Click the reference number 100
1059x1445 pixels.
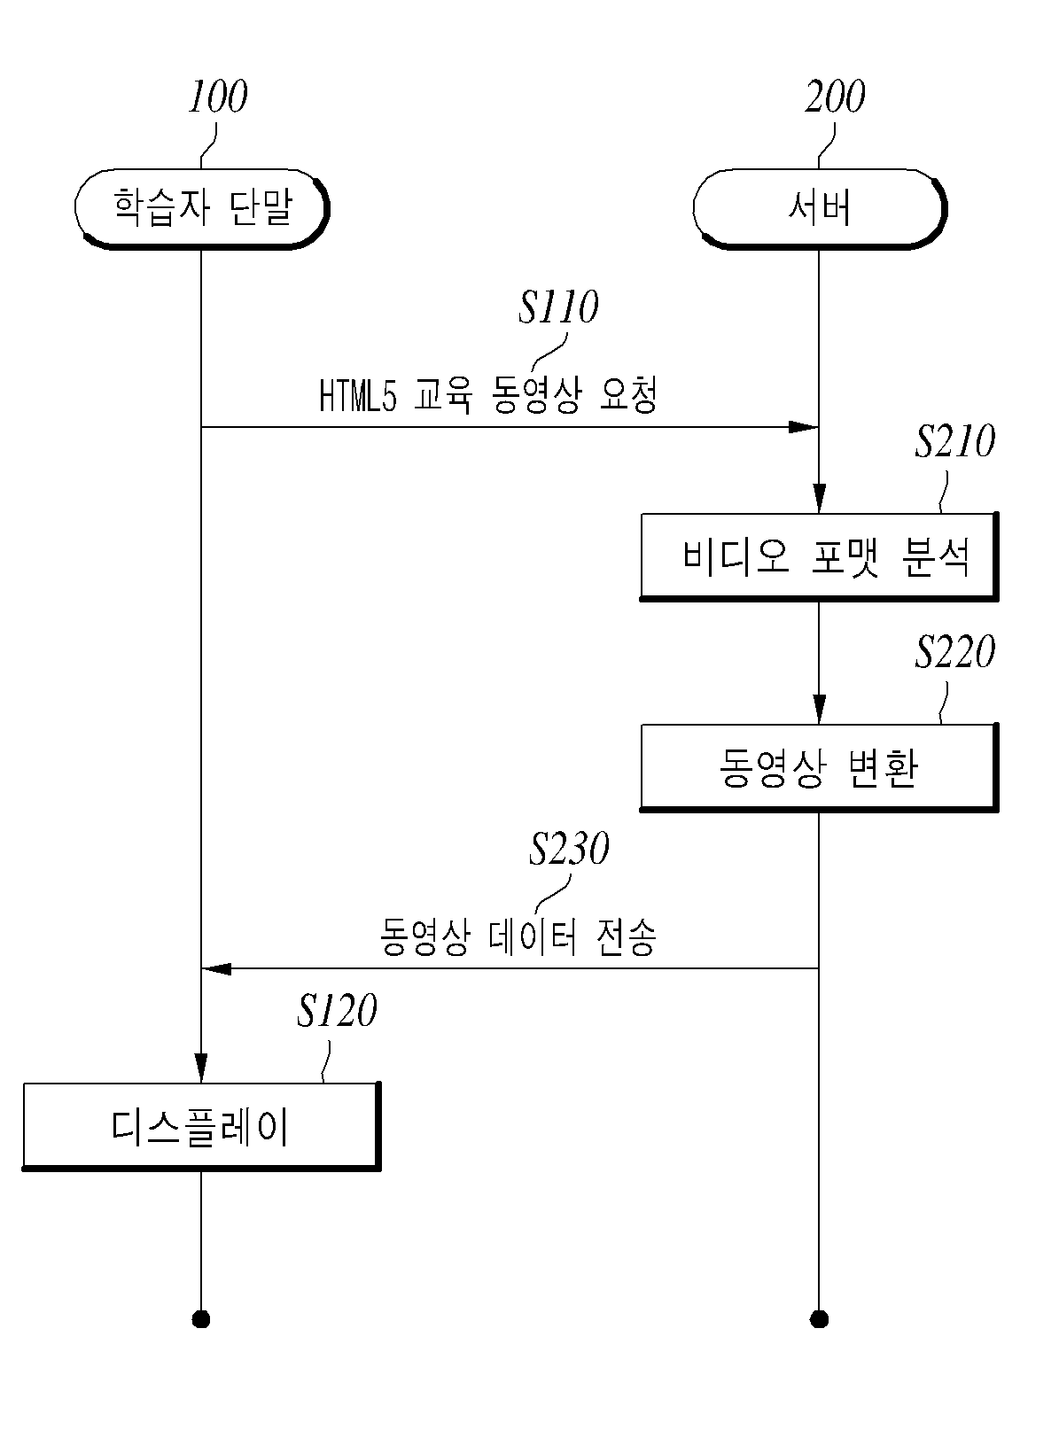point(217,97)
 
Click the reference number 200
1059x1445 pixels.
point(835,97)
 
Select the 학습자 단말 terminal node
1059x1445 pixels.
point(202,208)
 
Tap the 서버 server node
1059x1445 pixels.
point(820,208)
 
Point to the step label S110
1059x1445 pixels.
point(558,307)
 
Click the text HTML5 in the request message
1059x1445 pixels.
point(358,395)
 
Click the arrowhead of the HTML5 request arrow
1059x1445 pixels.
point(804,426)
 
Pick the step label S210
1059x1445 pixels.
point(954,441)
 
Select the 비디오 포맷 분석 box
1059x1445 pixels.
point(819,556)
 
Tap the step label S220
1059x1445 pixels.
point(954,651)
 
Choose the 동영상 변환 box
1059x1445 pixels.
point(819,767)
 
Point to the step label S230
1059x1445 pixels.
point(569,848)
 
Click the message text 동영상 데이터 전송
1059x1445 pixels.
point(518,936)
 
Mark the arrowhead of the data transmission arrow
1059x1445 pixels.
point(216,968)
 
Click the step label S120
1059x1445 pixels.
point(336,1010)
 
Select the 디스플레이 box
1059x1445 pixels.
point(201,1126)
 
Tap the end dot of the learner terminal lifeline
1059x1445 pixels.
point(201,1319)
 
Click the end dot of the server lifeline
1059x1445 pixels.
point(819,1319)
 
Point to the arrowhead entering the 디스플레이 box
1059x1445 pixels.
point(201,1068)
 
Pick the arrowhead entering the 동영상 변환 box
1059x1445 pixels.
point(819,709)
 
